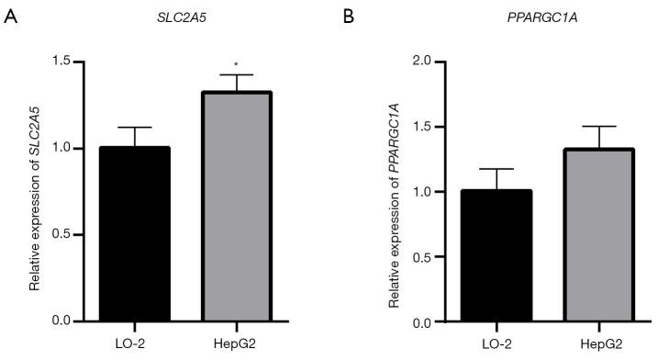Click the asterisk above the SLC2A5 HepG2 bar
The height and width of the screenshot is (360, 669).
(x=237, y=64)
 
